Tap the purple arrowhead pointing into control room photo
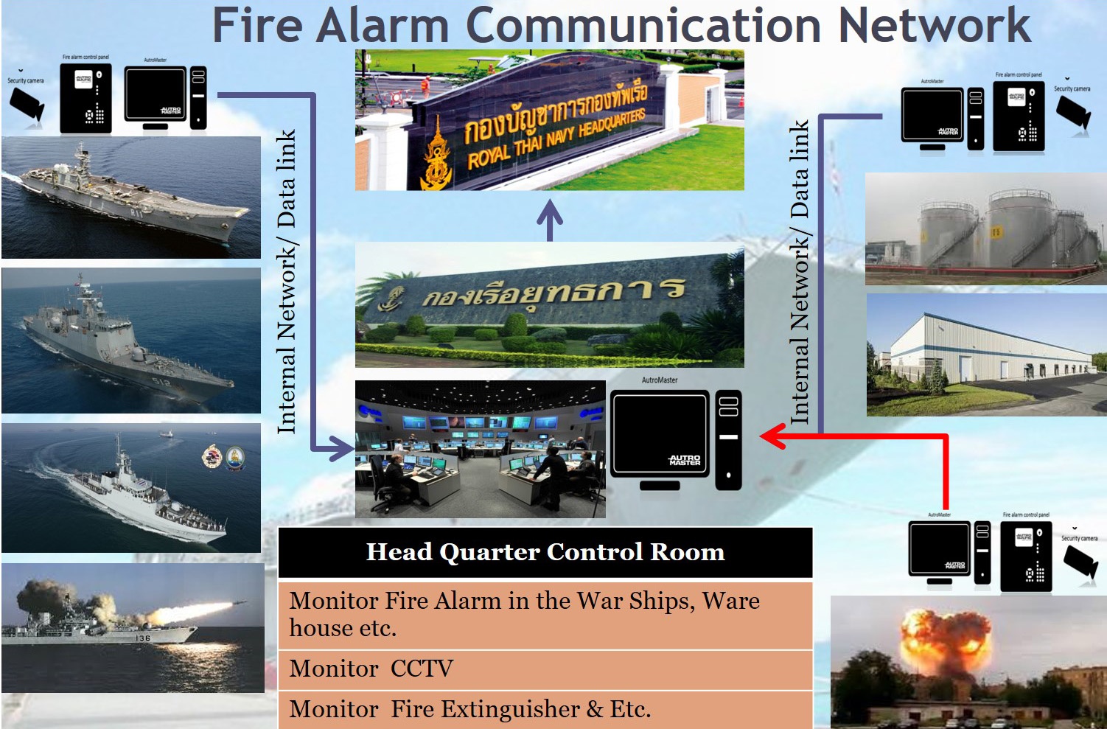[344, 448]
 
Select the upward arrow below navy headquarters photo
[550, 218]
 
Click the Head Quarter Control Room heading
[545, 552]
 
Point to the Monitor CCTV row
[545, 669]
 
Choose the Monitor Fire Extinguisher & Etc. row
[545, 709]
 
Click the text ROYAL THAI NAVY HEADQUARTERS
[556, 139]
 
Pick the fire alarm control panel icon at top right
[1019, 116]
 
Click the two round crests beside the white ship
[223, 458]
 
